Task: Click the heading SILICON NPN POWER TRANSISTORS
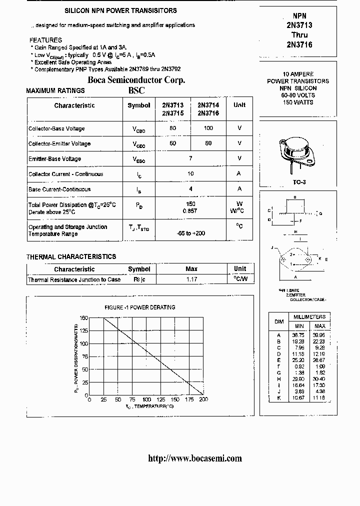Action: [x=120, y=10]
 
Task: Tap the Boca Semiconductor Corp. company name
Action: [x=136, y=80]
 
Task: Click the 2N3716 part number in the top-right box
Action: [x=299, y=45]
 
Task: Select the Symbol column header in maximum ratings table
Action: [x=138, y=105]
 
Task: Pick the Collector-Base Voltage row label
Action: [x=56, y=128]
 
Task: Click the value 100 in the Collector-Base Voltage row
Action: [x=208, y=128]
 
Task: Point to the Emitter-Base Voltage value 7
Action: [x=190, y=158]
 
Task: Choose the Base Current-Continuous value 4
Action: [x=190, y=189]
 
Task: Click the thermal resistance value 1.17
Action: [x=191, y=279]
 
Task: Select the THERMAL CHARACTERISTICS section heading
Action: [x=71, y=256]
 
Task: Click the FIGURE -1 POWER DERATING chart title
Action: [x=139, y=307]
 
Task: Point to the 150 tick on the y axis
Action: [x=83, y=317]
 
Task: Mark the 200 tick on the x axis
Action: [x=203, y=400]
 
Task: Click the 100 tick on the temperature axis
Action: [x=146, y=400]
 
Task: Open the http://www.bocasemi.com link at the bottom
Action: [x=195, y=458]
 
